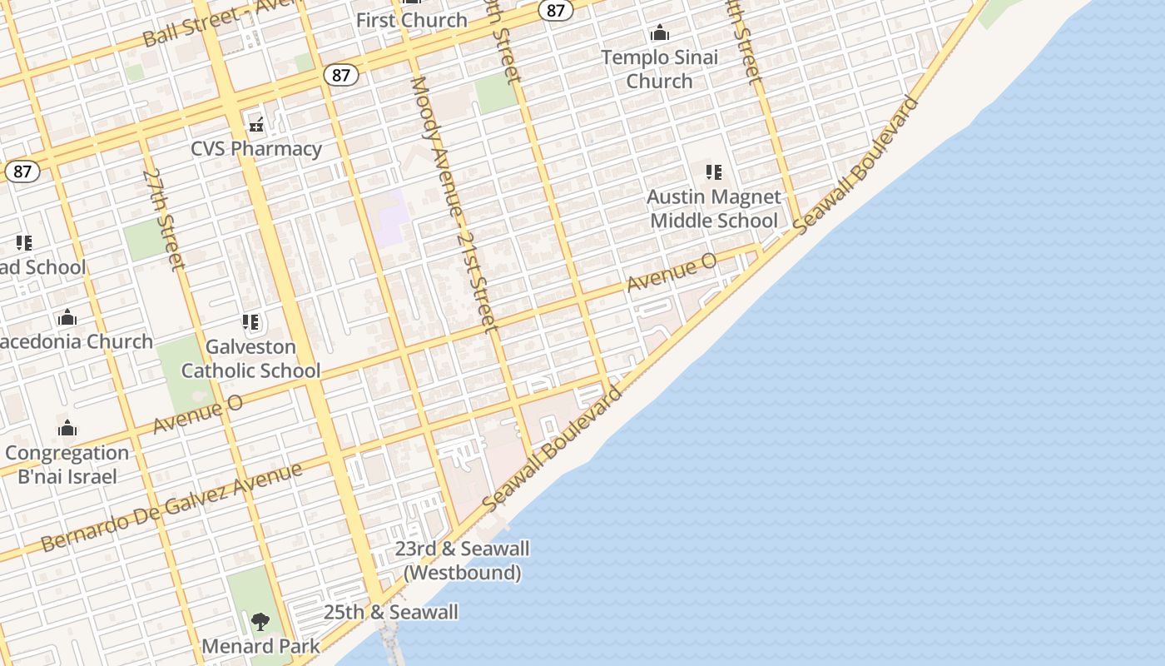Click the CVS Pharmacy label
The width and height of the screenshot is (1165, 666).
pyautogui.click(x=256, y=149)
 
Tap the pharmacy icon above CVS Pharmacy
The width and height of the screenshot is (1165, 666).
pyautogui.click(x=256, y=126)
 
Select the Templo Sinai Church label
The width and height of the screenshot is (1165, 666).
pyautogui.click(x=659, y=69)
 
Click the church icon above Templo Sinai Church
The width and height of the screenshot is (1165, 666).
pyautogui.click(x=660, y=33)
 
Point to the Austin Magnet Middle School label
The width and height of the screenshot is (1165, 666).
pyautogui.click(x=714, y=209)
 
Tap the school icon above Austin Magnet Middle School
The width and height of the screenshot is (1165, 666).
pyautogui.click(x=713, y=172)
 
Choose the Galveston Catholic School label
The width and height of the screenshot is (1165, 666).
pyautogui.click(x=250, y=359)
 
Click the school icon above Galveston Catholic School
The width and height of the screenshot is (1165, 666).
pyautogui.click(x=250, y=322)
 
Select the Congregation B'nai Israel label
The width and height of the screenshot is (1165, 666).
pyautogui.click(x=67, y=465)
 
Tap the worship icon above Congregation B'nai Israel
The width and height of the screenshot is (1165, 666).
pyautogui.click(x=67, y=429)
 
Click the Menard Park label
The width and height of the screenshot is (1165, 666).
pyautogui.click(x=260, y=646)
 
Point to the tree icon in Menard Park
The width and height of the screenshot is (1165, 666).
pyautogui.click(x=260, y=621)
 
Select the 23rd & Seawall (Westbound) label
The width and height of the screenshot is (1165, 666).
pyautogui.click(x=462, y=560)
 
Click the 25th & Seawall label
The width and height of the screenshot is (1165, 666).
pyautogui.click(x=390, y=613)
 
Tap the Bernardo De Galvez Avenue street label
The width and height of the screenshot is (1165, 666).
pyautogui.click(x=171, y=508)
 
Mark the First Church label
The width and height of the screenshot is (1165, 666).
pyautogui.click(x=411, y=21)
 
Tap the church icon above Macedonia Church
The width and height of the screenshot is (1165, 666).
pyautogui.click(x=67, y=318)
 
